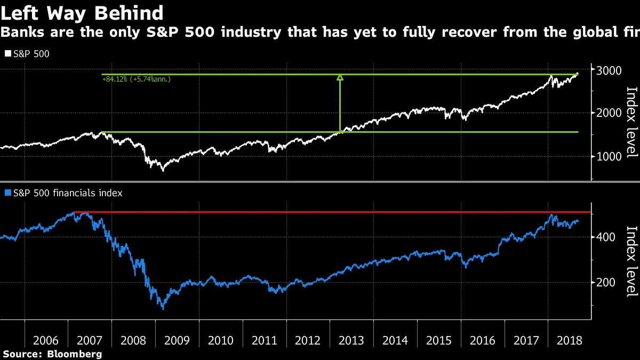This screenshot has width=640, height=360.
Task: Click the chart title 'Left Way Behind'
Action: pyautogui.click(x=82, y=13)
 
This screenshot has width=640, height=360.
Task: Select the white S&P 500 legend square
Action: pyautogui.click(x=7, y=54)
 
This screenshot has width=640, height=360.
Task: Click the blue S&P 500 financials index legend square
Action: pyautogui.click(x=7, y=193)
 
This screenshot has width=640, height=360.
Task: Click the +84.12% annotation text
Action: pyautogui.click(x=136, y=79)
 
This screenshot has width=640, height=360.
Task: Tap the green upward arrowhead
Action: pyautogui.click(x=340, y=78)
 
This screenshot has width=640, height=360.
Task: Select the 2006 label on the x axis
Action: pyautogui.click(x=46, y=340)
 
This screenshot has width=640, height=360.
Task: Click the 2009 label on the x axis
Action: pyautogui.click(x=177, y=340)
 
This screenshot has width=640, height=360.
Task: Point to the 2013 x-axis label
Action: pyautogui.click(x=352, y=340)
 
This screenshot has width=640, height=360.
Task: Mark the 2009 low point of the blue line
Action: pyautogui.click(x=163, y=308)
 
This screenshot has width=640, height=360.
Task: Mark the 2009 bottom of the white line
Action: pyautogui.click(x=163, y=170)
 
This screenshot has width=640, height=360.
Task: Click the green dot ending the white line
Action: pyautogui.click(x=578, y=74)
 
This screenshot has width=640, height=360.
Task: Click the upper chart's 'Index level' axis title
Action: pyautogui.click(x=631, y=122)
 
